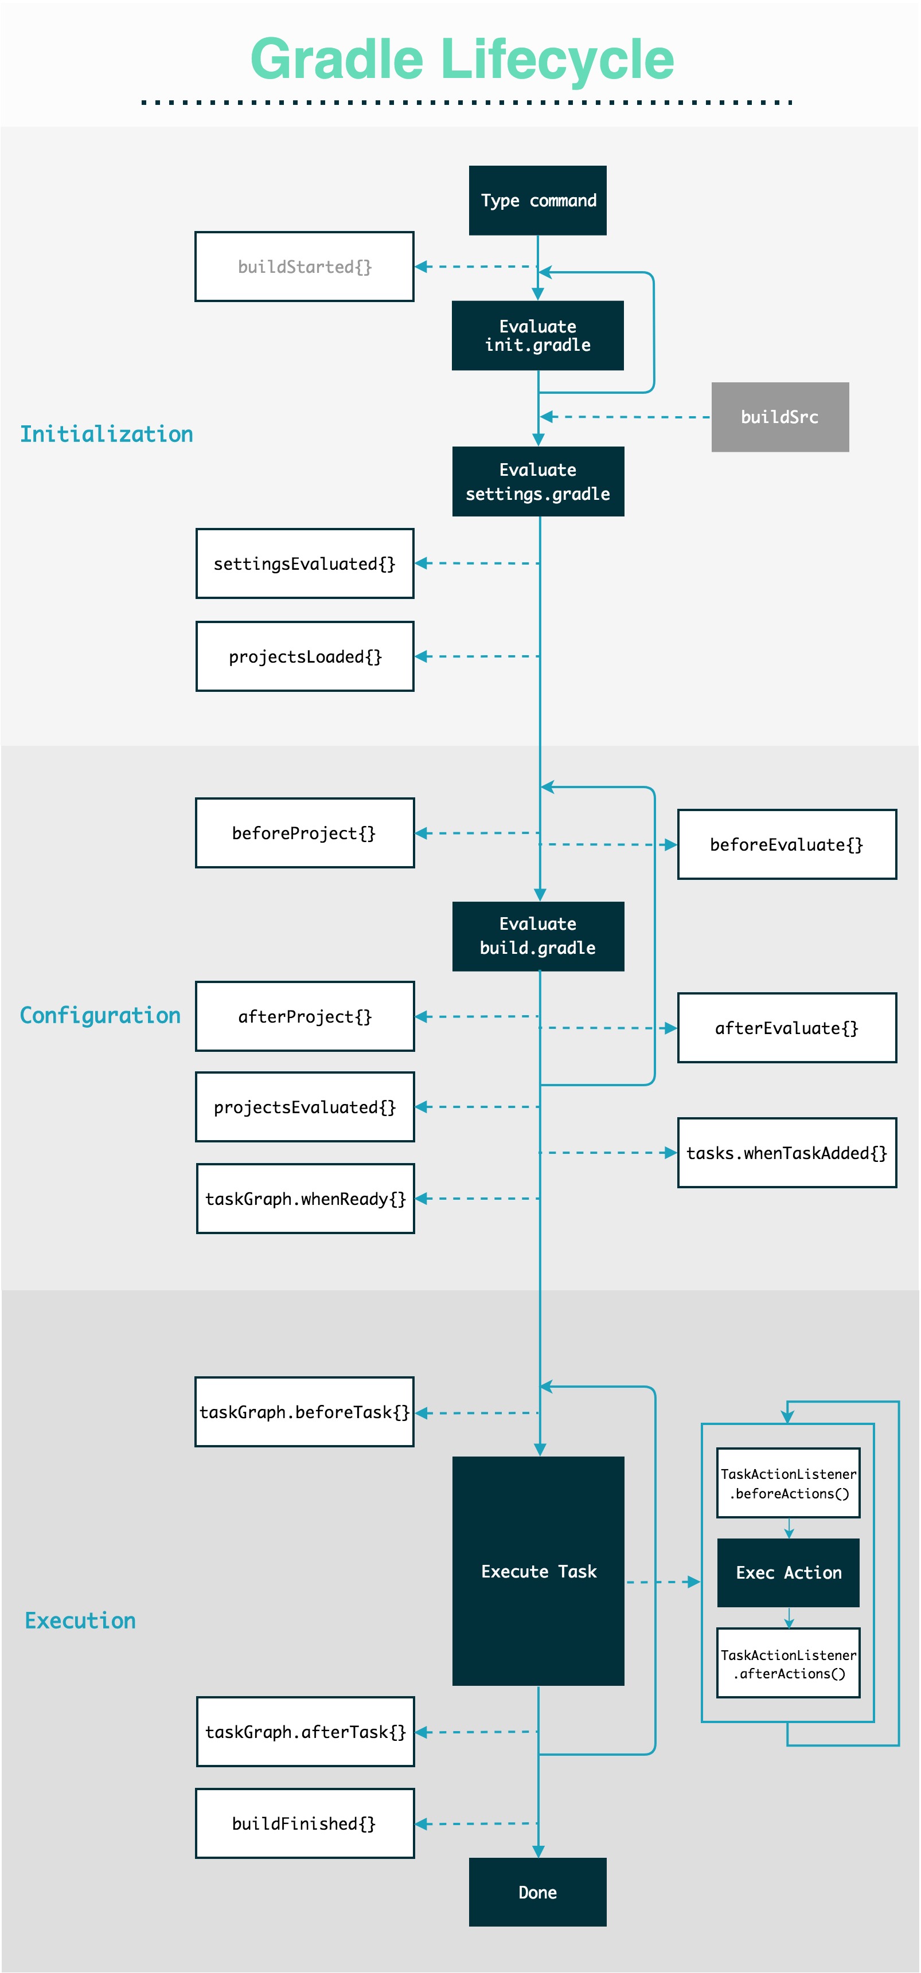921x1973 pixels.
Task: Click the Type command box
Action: (537, 200)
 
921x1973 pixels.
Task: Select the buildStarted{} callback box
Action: (304, 267)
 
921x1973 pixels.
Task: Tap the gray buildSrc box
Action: (779, 417)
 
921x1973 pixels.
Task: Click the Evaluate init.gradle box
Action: (537, 335)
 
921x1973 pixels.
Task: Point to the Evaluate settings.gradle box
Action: (537, 481)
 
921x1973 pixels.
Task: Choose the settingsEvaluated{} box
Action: (304, 563)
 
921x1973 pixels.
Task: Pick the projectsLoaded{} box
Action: (304, 656)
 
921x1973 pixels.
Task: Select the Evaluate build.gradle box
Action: (537, 936)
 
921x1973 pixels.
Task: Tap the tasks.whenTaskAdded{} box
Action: (786, 1153)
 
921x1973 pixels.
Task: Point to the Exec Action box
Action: (788, 1572)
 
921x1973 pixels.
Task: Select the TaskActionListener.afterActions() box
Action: (788, 1663)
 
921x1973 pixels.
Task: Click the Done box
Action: (537, 1892)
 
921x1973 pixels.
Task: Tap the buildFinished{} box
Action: (304, 1823)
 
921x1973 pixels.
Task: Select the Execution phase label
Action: (80, 1620)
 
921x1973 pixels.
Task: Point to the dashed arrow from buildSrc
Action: (625, 417)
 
